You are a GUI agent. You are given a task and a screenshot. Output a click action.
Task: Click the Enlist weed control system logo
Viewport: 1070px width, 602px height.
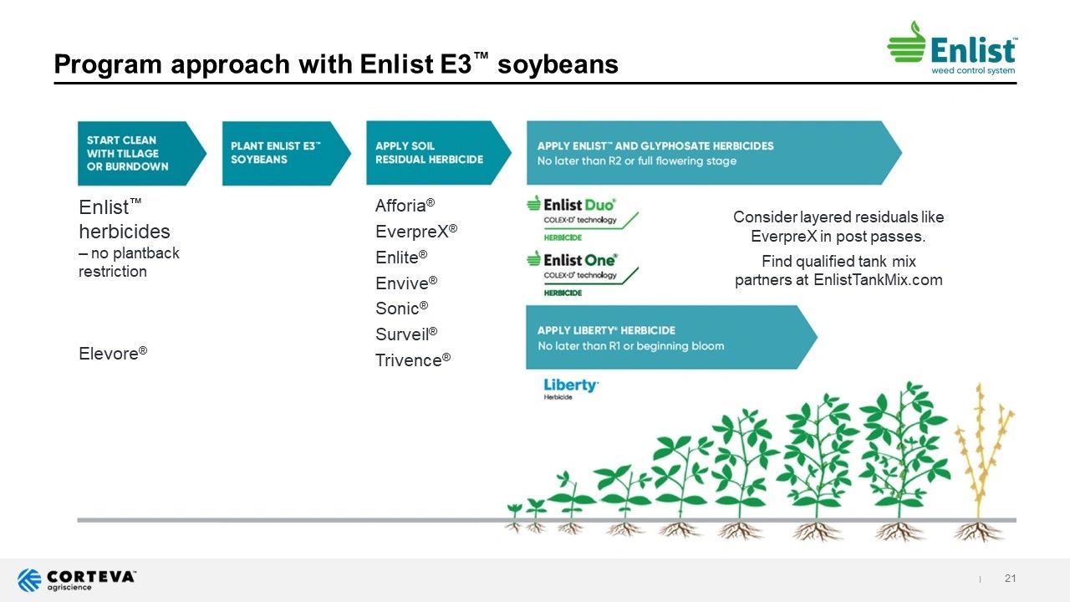point(952,48)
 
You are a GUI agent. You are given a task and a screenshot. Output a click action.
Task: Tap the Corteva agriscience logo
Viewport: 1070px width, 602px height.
point(76,580)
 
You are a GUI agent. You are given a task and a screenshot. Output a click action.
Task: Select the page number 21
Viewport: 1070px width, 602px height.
point(1010,578)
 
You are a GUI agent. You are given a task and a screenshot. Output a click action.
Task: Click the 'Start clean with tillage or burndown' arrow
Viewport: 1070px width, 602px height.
point(142,153)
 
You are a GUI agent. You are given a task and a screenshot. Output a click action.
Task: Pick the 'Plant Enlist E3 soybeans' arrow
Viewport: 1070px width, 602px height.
point(287,153)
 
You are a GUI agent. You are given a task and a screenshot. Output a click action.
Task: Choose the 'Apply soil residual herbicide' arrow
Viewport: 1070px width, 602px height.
point(439,153)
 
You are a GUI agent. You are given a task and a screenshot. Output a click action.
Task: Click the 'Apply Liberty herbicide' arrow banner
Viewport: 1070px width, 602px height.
point(671,337)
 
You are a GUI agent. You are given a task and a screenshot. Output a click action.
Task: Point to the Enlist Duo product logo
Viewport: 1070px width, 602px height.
point(582,219)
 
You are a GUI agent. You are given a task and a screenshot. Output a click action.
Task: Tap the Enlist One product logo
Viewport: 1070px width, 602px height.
point(582,273)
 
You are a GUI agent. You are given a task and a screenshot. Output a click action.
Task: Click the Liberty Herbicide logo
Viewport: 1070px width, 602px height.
point(571,389)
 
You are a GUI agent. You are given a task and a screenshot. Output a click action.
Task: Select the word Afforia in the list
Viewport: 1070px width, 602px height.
point(400,206)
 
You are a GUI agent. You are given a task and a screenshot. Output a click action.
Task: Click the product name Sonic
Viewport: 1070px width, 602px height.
point(397,309)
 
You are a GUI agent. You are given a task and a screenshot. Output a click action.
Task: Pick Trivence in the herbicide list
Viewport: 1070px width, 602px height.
point(409,360)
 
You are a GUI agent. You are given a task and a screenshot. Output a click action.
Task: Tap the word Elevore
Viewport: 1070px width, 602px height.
point(109,354)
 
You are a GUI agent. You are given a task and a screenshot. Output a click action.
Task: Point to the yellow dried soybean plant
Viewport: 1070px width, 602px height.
point(982,461)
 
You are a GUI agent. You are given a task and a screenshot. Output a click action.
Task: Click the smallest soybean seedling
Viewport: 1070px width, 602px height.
point(514,517)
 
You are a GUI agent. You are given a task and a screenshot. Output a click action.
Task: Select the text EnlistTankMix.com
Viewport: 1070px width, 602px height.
point(878,279)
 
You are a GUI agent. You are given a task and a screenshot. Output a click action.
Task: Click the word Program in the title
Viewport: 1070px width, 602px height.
point(108,64)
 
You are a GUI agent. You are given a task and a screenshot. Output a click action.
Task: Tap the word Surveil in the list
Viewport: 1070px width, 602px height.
point(402,334)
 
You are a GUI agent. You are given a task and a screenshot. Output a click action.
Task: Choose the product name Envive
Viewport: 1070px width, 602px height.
point(402,283)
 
